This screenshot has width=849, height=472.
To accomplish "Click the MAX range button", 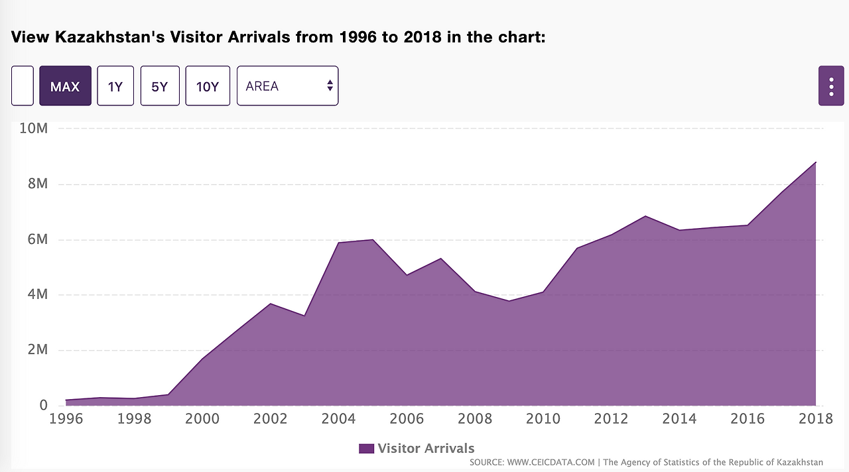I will [x=65, y=86].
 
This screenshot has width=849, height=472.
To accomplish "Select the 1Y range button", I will [x=115, y=86].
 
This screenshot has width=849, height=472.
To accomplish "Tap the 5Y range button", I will [x=160, y=86].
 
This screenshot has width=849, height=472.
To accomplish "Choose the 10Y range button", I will [x=208, y=86].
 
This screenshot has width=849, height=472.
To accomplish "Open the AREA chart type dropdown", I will [x=287, y=86].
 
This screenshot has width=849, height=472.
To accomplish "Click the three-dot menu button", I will [x=831, y=86].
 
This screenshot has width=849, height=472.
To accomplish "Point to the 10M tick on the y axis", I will [x=33, y=128].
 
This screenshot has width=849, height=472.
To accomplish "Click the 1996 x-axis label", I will [x=66, y=419].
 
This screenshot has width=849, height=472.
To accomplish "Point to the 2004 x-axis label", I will [x=339, y=419].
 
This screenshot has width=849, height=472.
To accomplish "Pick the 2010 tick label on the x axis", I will [x=543, y=419].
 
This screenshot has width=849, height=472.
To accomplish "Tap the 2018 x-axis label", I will [x=815, y=419].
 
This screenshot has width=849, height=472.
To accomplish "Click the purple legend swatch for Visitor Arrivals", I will [x=366, y=449].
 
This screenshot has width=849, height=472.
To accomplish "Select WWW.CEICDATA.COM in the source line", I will [x=551, y=462].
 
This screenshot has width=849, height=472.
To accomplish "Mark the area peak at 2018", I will [x=815, y=162].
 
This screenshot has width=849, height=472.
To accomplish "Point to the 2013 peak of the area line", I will [x=645, y=216].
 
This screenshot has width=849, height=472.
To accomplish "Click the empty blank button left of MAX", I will [x=23, y=86].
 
